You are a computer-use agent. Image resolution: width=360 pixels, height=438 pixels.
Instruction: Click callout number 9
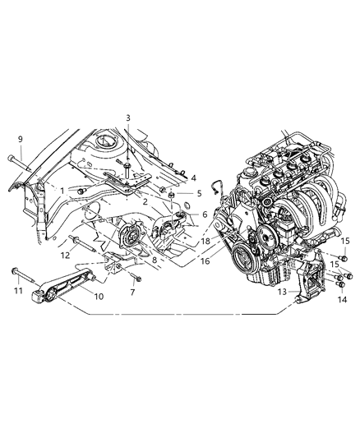tap(21, 139)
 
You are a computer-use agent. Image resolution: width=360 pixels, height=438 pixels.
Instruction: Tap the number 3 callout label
tap(128, 118)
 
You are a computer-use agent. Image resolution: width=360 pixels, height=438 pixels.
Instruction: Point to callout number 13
tap(283, 291)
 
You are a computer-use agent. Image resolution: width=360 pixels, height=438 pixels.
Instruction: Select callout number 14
tap(339, 301)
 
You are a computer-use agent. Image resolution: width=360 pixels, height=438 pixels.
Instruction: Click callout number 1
tap(62, 191)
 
